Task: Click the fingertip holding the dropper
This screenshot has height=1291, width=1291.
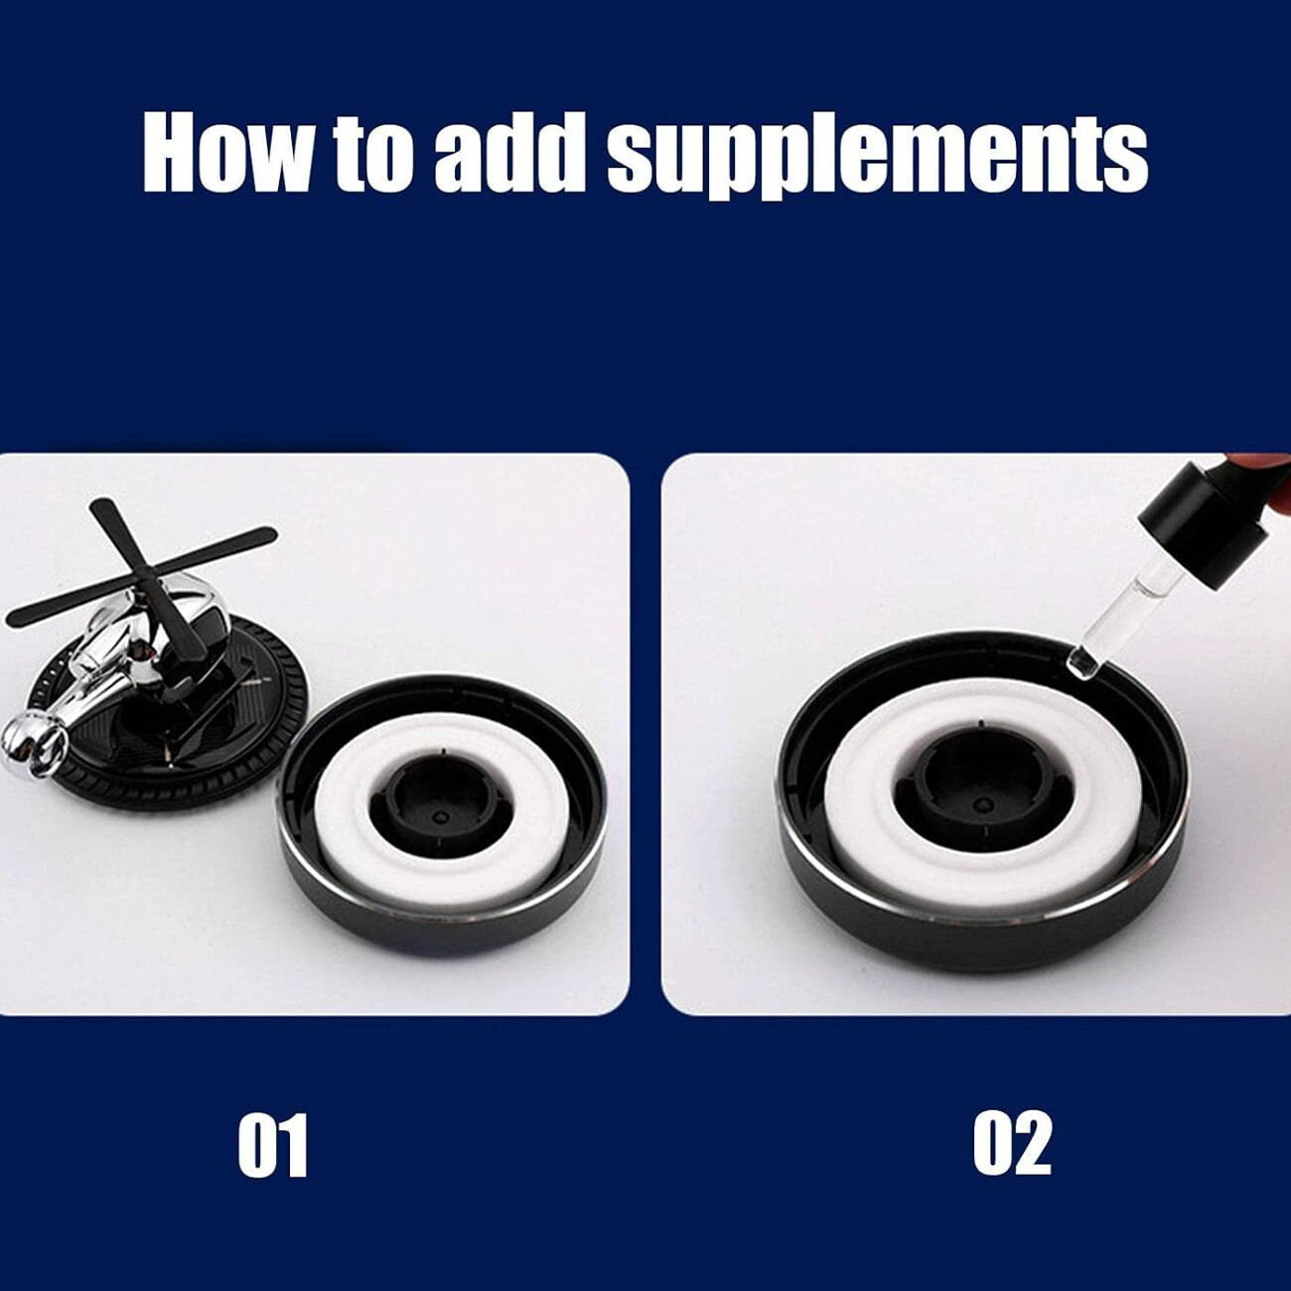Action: coord(1259,465)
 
